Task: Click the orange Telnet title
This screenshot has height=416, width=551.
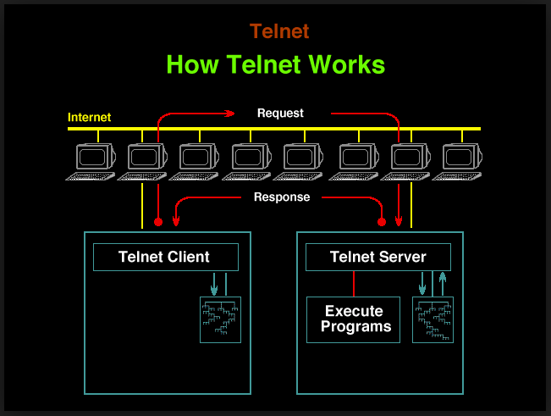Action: click(x=279, y=31)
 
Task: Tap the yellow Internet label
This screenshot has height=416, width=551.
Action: click(x=89, y=117)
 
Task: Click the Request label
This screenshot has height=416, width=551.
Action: click(x=280, y=114)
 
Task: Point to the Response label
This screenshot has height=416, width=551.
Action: click(x=282, y=197)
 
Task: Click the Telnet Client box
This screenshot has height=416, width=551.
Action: click(x=166, y=257)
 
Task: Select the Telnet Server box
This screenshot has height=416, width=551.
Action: click(x=378, y=257)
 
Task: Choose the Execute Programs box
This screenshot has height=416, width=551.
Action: click(x=353, y=319)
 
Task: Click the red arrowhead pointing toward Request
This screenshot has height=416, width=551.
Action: click(x=230, y=114)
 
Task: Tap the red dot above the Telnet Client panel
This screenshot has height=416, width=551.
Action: click(x=158, y=222)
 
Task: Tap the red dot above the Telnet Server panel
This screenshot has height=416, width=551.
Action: click(x=382, y=222)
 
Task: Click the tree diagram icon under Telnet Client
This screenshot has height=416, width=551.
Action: click(x=220, y=319)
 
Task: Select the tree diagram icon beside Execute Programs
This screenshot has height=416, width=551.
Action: click(x=433, y=319)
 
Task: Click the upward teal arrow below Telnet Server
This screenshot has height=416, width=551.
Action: click(x=443, y=284)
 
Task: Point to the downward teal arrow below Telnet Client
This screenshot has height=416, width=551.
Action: click(x=214, y=284)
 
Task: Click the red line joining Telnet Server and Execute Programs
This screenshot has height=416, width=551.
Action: click(x=354, y=284)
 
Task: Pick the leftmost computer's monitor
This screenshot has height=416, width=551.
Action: click(x=96, y=157)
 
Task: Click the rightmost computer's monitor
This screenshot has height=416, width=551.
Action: click(x=462, y=157)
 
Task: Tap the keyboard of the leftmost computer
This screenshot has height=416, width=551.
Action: click(x=91, y=176)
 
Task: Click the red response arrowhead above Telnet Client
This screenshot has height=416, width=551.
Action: click(x=176, y=220)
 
